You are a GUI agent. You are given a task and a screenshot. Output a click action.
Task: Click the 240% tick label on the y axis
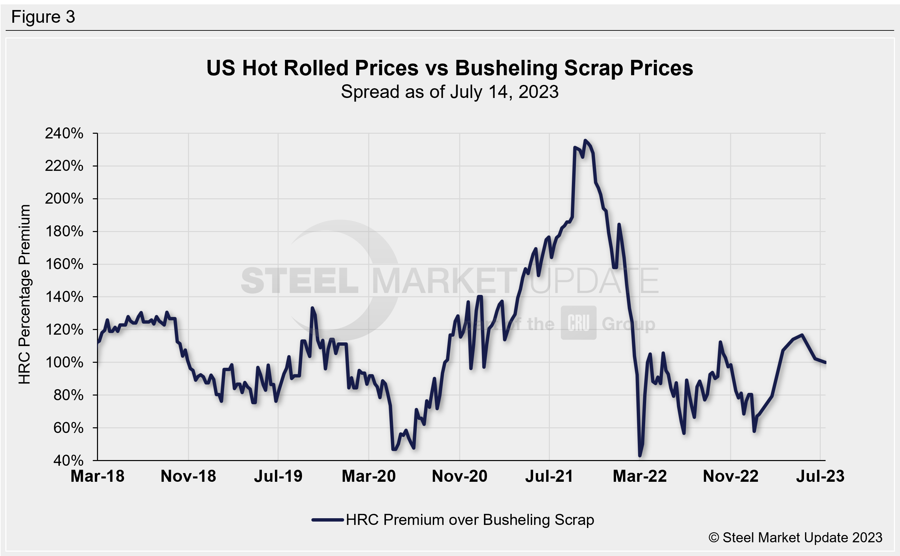pyautogui.click(x=64, y=133)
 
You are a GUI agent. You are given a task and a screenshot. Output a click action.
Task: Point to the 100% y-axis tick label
pyautogui.click(x=64, y=362)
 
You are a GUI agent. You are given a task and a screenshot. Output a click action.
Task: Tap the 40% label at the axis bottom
pyautogui.click(x=69, y=460)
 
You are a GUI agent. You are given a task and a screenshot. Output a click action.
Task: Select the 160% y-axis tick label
pyautogui.click(x=64, y=264)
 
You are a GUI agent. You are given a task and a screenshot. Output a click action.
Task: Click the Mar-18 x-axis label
pyautogui.click(x=97, y=476)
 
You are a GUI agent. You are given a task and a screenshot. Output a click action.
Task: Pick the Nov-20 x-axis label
pyautogui.click(x=460, y=476)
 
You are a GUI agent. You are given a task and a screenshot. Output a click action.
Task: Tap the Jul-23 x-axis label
pyautogui.click(x=820, y=476)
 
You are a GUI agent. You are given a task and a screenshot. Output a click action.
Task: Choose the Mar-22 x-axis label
pyautogui.click(x=639, y=476)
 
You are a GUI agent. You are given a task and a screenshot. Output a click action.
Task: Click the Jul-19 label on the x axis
pyautogui.click(x=278, y=476)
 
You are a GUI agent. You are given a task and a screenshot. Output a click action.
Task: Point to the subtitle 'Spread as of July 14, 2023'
pyautogui.click(x=449, y=92)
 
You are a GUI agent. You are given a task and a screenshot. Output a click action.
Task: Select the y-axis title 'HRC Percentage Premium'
pyautogui.click(x=25, y=294)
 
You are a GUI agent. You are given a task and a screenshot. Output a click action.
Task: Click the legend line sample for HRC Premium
pyautogui.click(x=327, y=520)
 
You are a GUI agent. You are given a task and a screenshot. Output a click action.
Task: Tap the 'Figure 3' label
pyautogui.click(x=43, y=17)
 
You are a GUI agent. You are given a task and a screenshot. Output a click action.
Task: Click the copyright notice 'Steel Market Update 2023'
pyautogui.click(x=795, y=538)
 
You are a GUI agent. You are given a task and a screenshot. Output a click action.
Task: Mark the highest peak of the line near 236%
pyautogui.click(x=585, y=140)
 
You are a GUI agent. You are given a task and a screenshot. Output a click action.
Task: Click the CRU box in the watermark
pyautogui.click(x=579, y=323)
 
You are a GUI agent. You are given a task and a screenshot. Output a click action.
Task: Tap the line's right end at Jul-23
pyautogui.click(x=825, y=362)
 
